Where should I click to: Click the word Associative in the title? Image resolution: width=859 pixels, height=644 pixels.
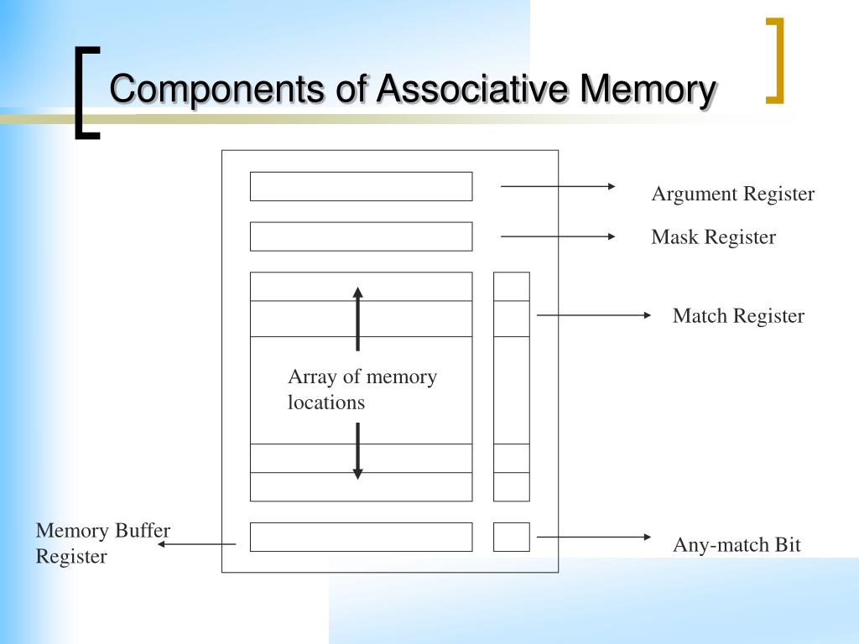coord(474,89)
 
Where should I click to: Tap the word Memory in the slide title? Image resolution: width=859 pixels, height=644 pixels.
coord(647,89)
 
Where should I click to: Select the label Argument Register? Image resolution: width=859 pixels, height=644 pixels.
coord(732,195)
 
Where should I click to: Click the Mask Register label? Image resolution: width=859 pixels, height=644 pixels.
coord(713,237)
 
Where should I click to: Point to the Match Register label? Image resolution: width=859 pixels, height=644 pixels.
coord(737,316)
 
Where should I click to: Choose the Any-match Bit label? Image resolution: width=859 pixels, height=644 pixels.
coord(736,545)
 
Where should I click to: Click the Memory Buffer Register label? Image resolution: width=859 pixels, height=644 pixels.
coord(102,543)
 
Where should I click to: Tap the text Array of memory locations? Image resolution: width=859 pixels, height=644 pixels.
coord(362,389)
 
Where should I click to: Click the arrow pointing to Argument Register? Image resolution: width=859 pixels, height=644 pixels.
coord(558,186)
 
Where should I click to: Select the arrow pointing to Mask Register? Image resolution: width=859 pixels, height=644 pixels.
coord(558,236)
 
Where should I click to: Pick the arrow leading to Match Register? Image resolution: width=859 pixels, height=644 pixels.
coord(593,315)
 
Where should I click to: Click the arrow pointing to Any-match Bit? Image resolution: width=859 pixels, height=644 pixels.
coord(593,537)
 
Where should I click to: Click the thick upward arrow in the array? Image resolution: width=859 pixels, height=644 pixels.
coord(357,319)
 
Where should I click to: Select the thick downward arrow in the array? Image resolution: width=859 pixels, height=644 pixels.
coord(357,451)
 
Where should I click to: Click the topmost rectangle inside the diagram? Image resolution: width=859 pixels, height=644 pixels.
coord(361,186)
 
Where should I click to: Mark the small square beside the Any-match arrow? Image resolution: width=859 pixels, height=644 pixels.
coord(511,537)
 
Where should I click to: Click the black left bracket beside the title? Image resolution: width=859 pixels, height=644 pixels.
coord(84,92)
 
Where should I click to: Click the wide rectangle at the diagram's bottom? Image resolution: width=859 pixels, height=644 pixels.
coord(361,537)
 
